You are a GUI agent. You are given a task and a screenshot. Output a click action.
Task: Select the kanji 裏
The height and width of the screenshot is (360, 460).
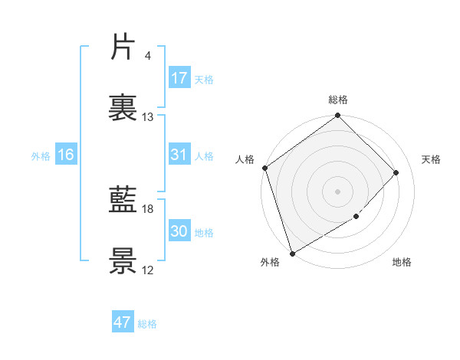pos(123,108)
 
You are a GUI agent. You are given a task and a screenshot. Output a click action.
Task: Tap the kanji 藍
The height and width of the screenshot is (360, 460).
pos(123,200)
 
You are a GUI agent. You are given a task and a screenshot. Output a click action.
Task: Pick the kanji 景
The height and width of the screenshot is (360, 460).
pos(123,261)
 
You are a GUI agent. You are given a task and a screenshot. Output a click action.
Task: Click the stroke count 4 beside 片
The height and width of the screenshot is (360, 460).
pos(147,56)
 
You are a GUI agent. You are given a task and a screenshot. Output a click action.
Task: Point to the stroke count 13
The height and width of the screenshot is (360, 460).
pos(148,117)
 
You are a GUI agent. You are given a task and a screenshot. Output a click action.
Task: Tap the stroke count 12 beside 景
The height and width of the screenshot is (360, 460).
pos(148,270)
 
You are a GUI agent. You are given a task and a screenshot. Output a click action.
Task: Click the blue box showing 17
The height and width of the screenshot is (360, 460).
pos(179,78)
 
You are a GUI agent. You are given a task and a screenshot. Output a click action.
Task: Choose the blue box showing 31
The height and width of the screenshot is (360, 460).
pos(179,155)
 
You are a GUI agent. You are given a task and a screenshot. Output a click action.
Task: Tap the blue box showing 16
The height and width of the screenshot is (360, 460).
pos(66,155)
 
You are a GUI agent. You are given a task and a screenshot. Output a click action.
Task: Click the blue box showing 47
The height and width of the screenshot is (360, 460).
pos(123,322)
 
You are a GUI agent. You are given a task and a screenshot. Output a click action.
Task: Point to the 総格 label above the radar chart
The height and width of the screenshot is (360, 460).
pos(338,100)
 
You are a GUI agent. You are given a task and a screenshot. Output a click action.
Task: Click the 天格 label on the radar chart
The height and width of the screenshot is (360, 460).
pos(432,159)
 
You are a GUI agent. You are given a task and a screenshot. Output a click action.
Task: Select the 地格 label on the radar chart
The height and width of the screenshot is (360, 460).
pos(402,263)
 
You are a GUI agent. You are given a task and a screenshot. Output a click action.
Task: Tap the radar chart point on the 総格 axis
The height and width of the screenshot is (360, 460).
pos(338,116)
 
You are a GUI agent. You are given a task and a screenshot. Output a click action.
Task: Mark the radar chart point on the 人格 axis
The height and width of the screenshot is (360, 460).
pos(264,168)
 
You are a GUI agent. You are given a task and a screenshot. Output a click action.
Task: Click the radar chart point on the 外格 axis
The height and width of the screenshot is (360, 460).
pos(292,253)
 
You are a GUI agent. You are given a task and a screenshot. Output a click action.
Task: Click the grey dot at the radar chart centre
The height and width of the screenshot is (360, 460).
pos(338,191)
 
